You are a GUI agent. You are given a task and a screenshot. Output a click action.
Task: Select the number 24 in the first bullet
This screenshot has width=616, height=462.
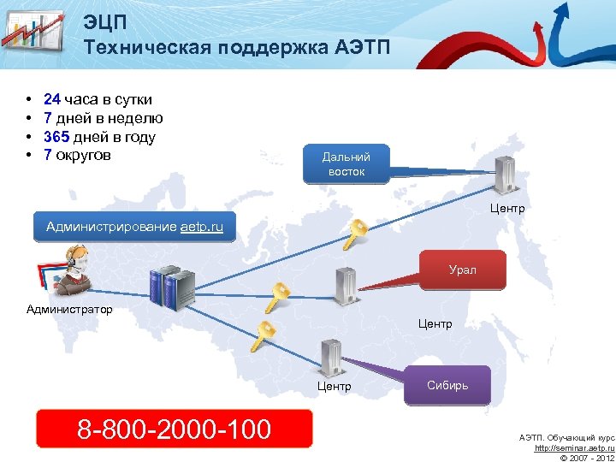[x=52, y=99]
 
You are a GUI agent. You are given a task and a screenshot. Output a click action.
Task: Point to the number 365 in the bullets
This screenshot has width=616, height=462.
[x=56, y=137]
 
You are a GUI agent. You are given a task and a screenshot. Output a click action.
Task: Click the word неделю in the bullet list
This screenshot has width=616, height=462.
[x=138, y=118]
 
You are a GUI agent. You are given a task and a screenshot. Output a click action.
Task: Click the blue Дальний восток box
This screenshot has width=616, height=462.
[x=346, y=164]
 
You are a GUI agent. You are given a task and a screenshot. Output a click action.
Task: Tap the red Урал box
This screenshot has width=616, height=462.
[x=462, y=269]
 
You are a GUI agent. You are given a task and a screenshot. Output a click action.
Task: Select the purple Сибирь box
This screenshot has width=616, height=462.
[x=447, y=386]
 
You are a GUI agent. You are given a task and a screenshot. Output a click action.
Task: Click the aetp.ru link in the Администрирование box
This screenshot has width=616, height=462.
[x=202, y=227]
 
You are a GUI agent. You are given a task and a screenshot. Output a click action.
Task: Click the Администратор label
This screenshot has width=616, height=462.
[x=69, y=309]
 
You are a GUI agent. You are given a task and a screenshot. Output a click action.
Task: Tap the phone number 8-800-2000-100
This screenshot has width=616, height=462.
[x=174, y=429]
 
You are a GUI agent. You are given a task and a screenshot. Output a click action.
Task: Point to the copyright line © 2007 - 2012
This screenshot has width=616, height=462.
[x=586, y=458]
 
